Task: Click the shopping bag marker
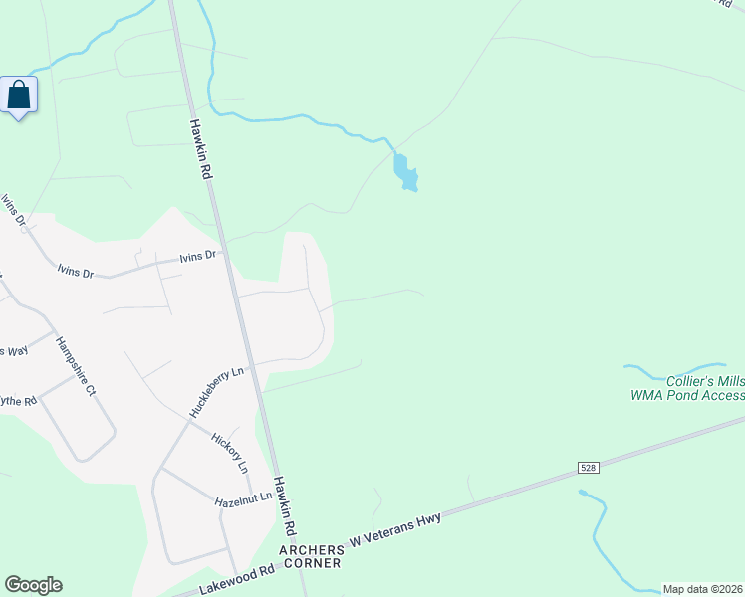coord(19,96)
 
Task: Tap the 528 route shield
coord(591,467)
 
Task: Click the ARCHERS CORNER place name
coord(312,555)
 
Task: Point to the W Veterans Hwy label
coord(394,528)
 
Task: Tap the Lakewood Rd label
coord(237,579)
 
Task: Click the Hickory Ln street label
coord(230,452)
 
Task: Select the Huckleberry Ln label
coord(216,393)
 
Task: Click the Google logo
coord(33,585)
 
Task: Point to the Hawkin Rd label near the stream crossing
coord(199,149)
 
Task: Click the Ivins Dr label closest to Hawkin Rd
coord(197,257)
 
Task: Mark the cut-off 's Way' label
coord(13,350)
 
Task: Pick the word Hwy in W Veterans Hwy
coord(428,518)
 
